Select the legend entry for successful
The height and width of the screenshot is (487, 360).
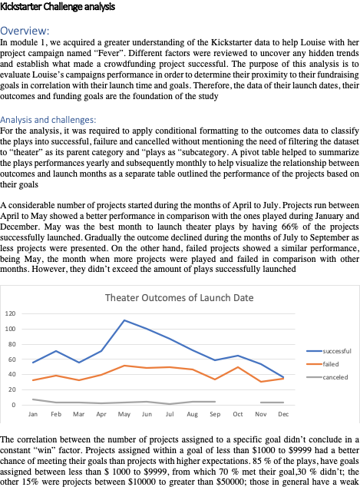coord(325,351)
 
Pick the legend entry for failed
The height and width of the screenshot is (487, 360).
coord(321,364)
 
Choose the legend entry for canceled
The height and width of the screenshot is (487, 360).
coord(325,377)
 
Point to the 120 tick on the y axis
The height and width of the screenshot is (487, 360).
coord(11,313)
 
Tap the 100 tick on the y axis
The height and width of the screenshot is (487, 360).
coord(11,329)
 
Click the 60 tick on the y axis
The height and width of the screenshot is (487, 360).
coord(12,359)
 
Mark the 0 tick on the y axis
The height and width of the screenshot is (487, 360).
coord(14,404)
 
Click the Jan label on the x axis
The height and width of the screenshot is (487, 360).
coord(33,414)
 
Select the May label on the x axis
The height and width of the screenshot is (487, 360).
coord(124,414)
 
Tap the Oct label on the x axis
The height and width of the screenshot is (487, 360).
coord(238,414)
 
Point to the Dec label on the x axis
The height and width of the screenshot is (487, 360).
coord(283,414)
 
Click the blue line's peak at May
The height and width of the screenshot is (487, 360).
coord(124,320)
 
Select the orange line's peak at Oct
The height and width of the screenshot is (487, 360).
coord(238,367)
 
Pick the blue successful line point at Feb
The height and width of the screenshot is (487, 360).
coord(55,350)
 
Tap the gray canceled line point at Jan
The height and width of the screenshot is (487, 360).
coord(33,399)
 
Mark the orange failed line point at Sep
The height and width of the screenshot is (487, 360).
coord(215,379)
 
